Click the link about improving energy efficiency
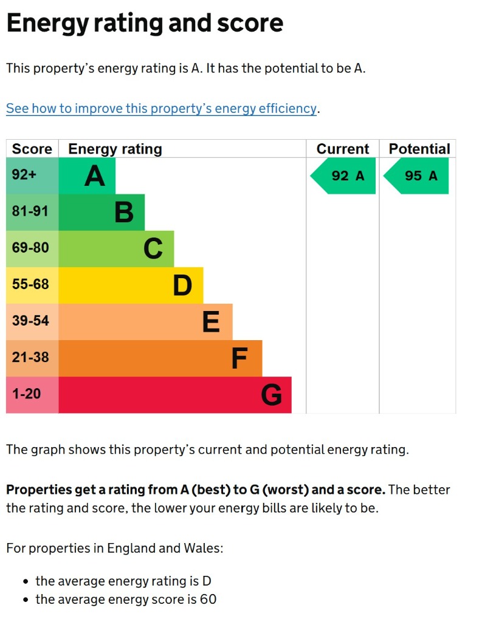pyautogui.click(x=161, y=109)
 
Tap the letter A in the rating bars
pyautogui.click(x=95, y=176)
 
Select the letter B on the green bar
pyautogui.click(x=124, y=213)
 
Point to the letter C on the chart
pyautogui.click(x=153, y=249)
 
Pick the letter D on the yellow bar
pyautogui.click(x=182, y=285)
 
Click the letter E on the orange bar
pyautogui.click(x=211, y=322)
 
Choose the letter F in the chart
pyautogui.click(x=239, y=358)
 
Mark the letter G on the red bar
pyautogui.click(x=271, y=395)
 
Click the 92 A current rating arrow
pyautogui.click(x=345, y=176)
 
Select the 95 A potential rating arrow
pyautogui.click(x=418, y=176)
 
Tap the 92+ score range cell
pyautogui.click(x=25, y=176)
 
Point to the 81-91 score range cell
pyautogui.click(x=30, y=212)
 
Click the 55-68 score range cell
pyautogui.click(x=30, y=284)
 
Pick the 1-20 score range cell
pyautogui.click(x=27, y=394)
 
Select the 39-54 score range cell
pyautogui.click(x=30, y=321)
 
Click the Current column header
pyautogui.click(x=343, y=149)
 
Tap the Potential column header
pyautogui.click(x=419, y=149)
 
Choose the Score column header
pyautogui.click(x=32, y=149)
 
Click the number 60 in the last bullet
pyautogui.click(x=208, y=600)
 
